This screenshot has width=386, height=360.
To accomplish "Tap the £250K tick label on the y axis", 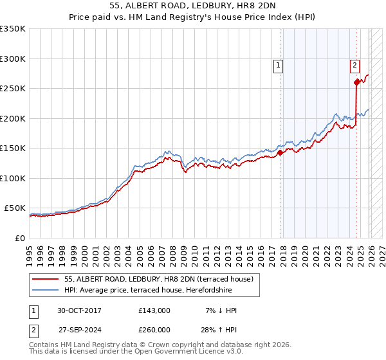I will [x=13, y=89].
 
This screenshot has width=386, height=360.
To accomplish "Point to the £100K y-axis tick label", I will [x=13, y=178].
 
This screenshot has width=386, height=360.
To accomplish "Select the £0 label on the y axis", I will [x=20, y=238].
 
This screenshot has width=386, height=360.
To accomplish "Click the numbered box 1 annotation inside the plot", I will [x=278, y=65].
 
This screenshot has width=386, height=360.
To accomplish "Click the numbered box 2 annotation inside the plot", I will [x=354, y=65].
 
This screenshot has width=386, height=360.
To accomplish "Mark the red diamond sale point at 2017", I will [x=280, y=153].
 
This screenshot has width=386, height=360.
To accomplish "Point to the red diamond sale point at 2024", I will [x=356, y=82].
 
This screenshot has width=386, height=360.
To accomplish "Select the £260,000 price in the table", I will [x=154, y=330].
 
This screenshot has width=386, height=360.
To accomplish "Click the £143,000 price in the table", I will [x=154, y=310].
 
